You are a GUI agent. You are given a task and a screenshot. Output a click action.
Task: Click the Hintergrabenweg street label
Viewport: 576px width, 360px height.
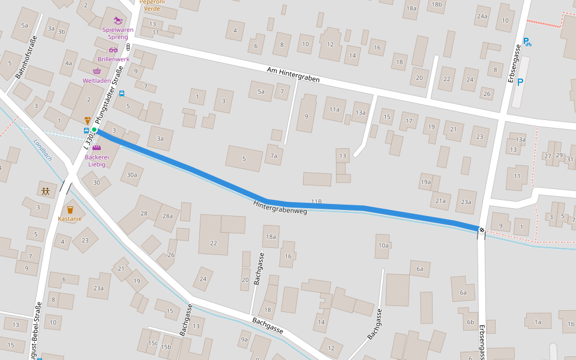[x=280, y=207]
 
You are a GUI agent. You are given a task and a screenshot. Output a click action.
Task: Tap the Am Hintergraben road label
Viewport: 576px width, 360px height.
[x=293, y=75]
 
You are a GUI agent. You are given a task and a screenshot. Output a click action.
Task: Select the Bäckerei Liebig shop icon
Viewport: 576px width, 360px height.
[x=97, y=147]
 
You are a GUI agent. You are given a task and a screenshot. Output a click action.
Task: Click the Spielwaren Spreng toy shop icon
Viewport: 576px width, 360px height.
[x=118, y=20]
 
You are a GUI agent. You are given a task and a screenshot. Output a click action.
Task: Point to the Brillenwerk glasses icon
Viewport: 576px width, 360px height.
[x=113, y=50]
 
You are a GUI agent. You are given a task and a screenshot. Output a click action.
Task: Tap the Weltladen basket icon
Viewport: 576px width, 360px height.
[x=97, y=71]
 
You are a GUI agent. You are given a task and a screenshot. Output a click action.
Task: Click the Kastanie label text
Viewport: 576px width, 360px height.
[x=70, y=218]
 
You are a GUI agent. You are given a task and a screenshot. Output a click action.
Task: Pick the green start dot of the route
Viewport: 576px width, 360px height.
[x=94, y=130]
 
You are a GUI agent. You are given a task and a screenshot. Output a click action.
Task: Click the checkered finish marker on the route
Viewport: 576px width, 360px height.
[x=481, y=229]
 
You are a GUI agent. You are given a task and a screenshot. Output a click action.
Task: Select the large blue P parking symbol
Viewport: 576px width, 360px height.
[x=520, y=83]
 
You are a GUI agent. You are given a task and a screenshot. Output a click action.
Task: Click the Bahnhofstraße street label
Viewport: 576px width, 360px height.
[x=27, y=58]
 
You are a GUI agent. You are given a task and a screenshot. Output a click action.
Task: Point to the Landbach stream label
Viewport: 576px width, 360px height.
[x=43, y=149]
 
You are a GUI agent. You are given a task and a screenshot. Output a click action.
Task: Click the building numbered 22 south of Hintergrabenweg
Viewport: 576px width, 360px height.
[x=214, y=242]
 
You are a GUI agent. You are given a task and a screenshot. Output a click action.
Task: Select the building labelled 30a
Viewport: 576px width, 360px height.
[x=132, y=175]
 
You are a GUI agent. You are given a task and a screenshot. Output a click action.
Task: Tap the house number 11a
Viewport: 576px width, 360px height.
[x=334, y=109]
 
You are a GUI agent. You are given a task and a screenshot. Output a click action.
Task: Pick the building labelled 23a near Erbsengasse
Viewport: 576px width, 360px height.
[x=466, y=202]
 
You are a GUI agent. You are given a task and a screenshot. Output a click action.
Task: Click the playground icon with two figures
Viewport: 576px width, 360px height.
[x=46, y=191]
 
